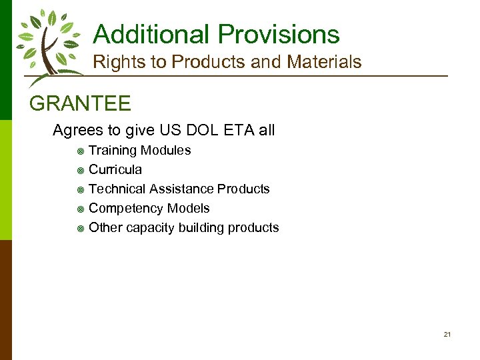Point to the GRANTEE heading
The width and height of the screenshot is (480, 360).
[81, 104]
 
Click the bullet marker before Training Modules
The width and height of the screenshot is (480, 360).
[80, 151]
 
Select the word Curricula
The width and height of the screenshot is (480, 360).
[115, 169]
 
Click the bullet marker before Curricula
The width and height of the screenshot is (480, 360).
[80, 170]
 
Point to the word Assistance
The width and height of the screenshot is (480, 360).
[179, 189]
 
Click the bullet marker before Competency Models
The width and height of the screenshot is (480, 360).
[80, 209]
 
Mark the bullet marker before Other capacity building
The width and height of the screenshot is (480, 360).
[80, 228]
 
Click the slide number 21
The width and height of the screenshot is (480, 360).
[447, 334]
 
